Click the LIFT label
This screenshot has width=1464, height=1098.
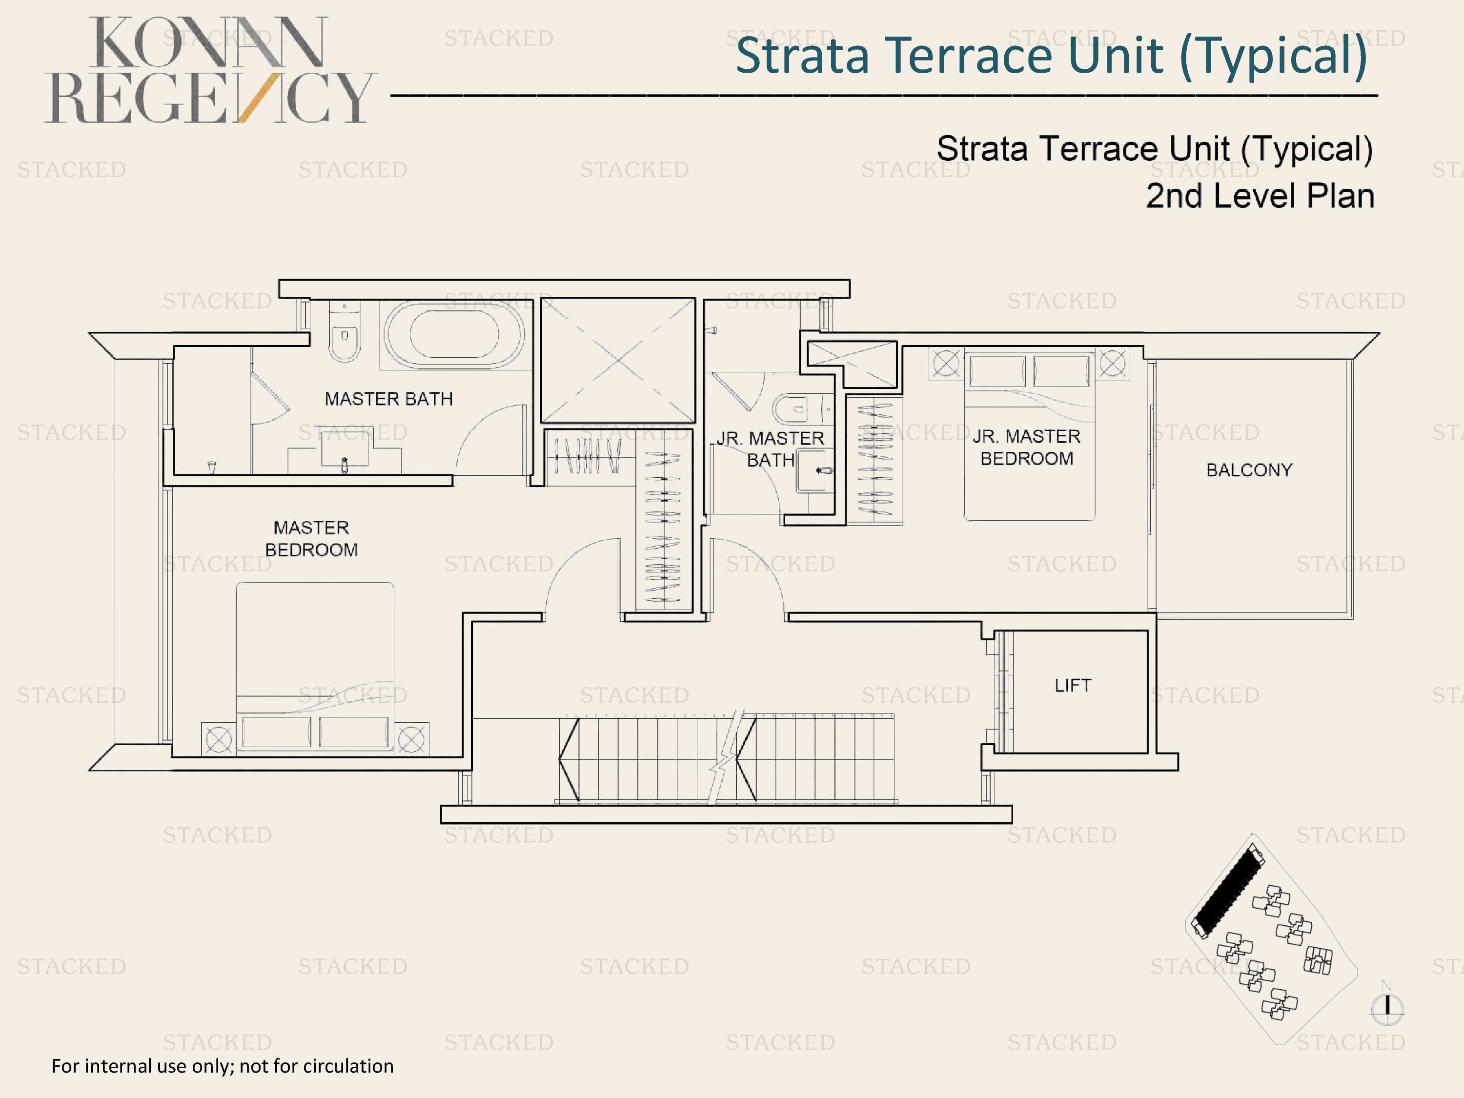coord(1072,685)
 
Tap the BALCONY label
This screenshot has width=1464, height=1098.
coord(1249,470)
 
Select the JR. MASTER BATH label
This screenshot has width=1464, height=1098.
coord(771,449)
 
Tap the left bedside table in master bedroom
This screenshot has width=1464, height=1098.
coord(219,739)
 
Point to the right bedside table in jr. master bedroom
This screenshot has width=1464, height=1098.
coord(1113,364)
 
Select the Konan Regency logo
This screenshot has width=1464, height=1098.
coord(210,70)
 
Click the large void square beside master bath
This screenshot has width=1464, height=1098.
coord(618,360)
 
